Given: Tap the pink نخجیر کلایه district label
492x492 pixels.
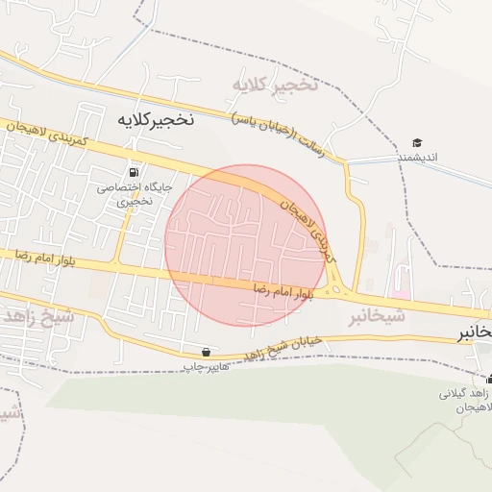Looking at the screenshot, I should tap(273, 86).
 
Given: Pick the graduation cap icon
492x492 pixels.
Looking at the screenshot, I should tap(417, 143).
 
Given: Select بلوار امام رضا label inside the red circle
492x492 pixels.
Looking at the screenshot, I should tap(283, 288).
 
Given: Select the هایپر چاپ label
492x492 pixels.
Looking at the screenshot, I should tap(206, 366).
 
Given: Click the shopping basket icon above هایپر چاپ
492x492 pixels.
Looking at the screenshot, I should tap(206, 352).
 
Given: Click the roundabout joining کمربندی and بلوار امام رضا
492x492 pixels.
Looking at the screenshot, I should tap(336, 288).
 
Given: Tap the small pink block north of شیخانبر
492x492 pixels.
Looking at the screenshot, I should tap(402, 291).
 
